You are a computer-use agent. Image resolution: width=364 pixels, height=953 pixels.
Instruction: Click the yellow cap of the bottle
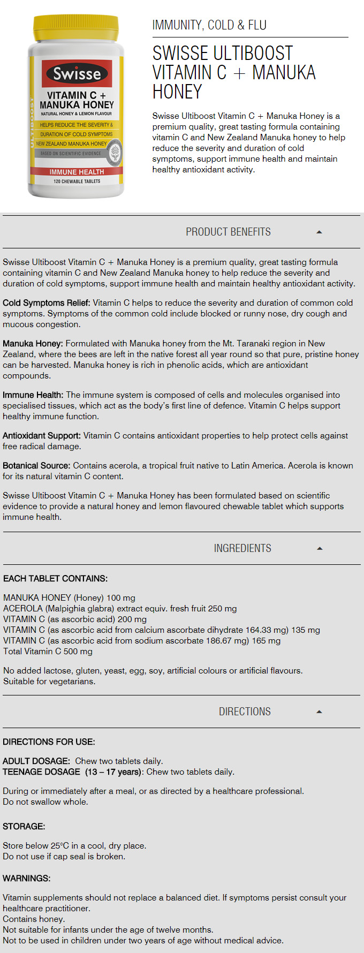[x=75, y=29]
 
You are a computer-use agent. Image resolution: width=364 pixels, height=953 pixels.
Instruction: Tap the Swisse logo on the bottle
[x=77, y=73]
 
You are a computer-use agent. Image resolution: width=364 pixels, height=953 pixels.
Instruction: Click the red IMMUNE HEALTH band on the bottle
[x=77, y=172]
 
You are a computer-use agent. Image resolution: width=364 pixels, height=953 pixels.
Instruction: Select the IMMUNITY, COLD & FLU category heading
[x=209, y=25]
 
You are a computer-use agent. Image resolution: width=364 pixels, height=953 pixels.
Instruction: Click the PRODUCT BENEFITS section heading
[x=228, y=232]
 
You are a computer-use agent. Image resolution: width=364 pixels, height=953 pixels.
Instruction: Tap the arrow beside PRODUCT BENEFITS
[x=319, y=232]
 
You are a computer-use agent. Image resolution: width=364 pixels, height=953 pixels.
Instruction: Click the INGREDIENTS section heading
[x=242, y=548]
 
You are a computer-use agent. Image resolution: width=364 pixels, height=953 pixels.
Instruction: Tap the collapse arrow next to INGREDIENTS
[x=320, y=548]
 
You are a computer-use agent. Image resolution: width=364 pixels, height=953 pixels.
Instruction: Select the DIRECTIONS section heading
[x=245, y=712]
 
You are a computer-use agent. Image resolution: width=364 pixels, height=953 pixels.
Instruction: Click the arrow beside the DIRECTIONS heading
[x=319, y=712]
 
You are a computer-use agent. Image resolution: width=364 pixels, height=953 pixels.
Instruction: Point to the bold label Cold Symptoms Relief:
[x=47, y=303]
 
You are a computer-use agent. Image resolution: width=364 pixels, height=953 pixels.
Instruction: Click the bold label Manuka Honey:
[x=33, y=344]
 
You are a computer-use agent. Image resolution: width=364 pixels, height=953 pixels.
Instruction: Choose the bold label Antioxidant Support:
[x=42, y=436]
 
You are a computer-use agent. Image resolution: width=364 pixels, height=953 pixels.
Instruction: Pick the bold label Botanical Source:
[x=36, y=466]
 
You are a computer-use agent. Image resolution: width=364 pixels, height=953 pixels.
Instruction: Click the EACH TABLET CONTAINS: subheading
[x=55, y=579]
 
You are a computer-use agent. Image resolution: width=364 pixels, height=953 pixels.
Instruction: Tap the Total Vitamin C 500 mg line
[x=48, y=652]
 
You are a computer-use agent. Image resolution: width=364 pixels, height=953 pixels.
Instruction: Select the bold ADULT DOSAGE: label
[x=36, y=761]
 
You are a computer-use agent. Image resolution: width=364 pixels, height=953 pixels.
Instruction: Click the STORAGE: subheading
[x=24, y=827]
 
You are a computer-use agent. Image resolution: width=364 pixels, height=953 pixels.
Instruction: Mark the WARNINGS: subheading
[x=27, y=879]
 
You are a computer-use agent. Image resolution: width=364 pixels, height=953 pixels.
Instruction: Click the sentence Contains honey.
[x=34, y=919]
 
